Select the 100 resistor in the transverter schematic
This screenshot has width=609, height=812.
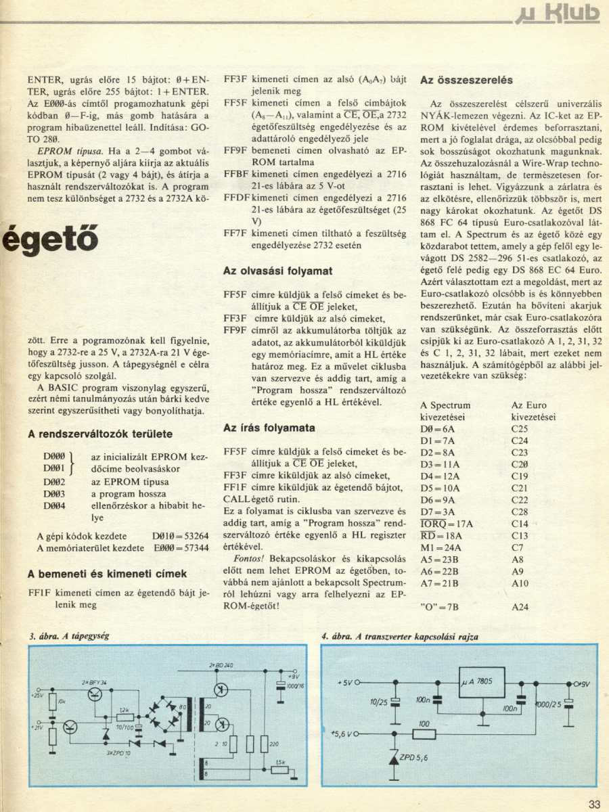tap(424, 733)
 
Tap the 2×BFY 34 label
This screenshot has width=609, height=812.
tap(94, 681)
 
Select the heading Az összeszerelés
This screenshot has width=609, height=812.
tap(466, 80)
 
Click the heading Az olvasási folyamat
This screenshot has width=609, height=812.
tap(277, 271)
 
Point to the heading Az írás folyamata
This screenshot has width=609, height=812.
tap(269, 428)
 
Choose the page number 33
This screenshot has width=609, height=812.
tap(594, 805)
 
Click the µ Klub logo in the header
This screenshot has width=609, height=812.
tap(558, 13)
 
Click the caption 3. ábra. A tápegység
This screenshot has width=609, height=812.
tap(69, 635)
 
